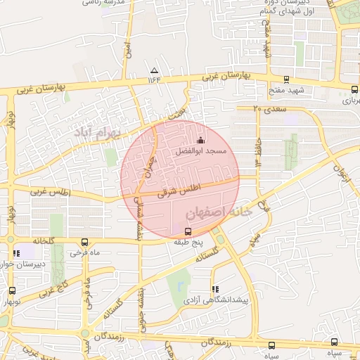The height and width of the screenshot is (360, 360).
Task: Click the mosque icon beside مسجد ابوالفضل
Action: (x=202, y=139)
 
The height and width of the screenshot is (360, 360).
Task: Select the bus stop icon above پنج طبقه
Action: (x=188, y=231)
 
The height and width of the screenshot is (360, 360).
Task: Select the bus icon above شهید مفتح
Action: (x=285, y=79)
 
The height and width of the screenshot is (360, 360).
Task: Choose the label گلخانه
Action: (x=42, y=240)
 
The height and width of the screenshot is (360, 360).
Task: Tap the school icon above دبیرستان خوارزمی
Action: (x=15, y=254)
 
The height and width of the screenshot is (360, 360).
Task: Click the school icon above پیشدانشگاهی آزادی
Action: (x=214, y=289)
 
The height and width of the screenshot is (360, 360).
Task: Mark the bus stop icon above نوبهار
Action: (x=12, y=290)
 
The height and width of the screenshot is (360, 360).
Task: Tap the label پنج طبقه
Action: (x=188, y=242)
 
